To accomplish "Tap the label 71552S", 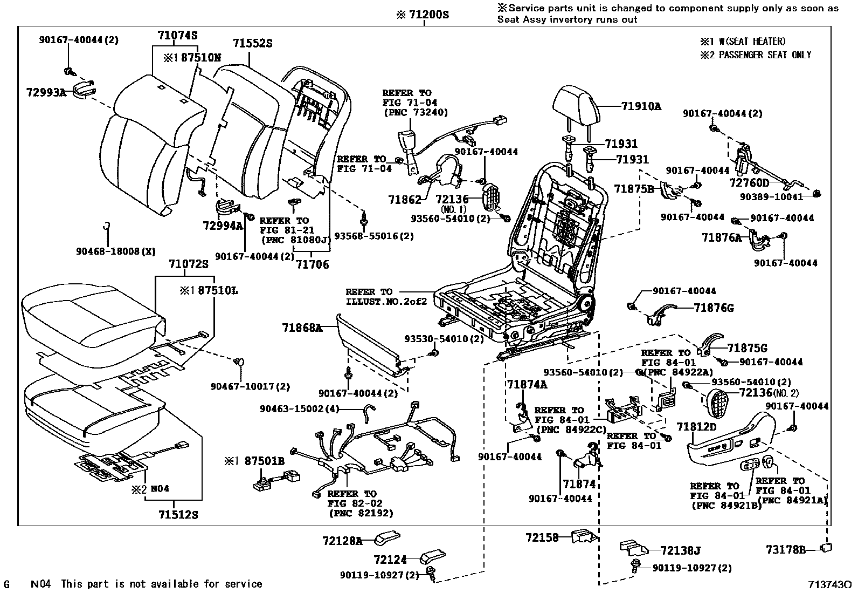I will coord(252,43).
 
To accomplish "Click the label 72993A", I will coord(46,92).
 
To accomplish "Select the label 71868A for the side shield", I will coord(302,327).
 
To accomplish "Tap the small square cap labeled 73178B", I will coord(825,548).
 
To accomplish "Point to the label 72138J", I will coord(680,550).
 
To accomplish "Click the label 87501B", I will coord(264,461).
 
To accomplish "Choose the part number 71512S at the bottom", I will coord(178,515).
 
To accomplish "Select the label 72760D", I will coord(749,182).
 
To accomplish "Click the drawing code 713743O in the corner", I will coord(829,584).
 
